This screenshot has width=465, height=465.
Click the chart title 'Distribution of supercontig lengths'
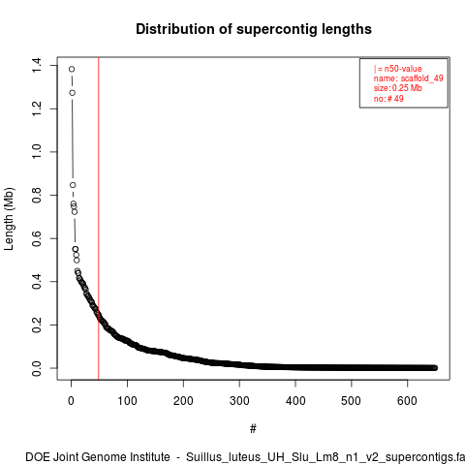point(254,29)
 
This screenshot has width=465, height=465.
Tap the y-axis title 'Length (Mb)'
point(9,219)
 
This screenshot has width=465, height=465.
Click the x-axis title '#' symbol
point(253,429)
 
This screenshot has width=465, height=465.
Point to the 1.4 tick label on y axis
point(36,65)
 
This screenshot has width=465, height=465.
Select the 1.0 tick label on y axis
point(36,151)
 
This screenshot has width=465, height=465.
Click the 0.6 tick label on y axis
point(36,238)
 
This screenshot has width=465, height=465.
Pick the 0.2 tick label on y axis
point(36,325)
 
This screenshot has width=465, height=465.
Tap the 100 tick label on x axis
point(127,401)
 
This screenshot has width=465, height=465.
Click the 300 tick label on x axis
point(239,401)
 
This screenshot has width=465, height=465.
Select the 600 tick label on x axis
point(407,401)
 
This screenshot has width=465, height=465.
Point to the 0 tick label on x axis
point(71,401)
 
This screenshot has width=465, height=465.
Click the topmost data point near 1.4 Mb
point(72,69)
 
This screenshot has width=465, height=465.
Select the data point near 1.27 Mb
point(73,93)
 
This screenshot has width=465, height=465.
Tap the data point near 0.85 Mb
point(73,185)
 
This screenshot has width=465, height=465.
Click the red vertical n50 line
point(99,218)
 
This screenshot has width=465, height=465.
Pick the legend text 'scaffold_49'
point(421,78)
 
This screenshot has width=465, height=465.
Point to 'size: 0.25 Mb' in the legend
point(398,88)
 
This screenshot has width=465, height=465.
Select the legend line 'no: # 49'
point(388,98)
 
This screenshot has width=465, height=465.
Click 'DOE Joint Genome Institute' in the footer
point(98,457)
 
